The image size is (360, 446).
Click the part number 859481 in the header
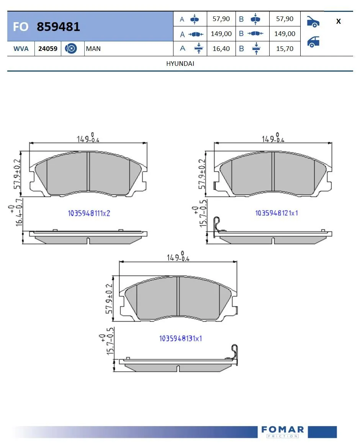[58, 27]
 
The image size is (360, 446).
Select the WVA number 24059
[48, 49]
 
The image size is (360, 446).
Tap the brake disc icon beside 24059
[71, 49]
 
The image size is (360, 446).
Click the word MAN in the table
[93, 49]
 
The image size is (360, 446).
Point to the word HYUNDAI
[180, 64]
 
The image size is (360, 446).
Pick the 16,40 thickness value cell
[221, 49]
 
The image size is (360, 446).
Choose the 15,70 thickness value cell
[285, 49]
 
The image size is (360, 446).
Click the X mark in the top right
[338, 21]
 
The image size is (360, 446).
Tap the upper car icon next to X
[313, 22]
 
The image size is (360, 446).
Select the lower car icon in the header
[313, 41]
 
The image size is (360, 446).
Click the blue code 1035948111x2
[89, 214]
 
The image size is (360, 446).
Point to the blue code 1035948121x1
[277, 213]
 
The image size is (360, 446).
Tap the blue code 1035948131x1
[180, 338]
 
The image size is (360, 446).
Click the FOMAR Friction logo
[283, 431]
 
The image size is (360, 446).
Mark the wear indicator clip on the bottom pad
[236, 351]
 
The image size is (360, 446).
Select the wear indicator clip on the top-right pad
[217, 225]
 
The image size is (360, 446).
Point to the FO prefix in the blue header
[20, 27]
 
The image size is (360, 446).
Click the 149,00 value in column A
[221, 34]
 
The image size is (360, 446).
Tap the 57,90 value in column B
[285, 19]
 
